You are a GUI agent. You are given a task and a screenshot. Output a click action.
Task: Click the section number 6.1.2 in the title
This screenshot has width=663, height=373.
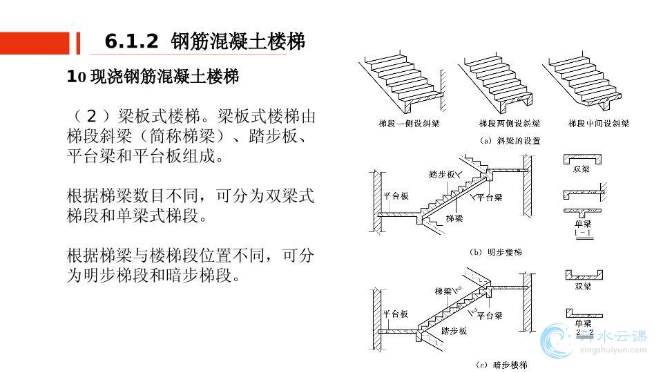tap(131, 42)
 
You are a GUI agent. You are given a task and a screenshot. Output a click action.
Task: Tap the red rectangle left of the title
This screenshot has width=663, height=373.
tap(35, 43)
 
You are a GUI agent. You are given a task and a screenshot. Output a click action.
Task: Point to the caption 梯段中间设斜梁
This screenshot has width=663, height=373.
tap(599, 124)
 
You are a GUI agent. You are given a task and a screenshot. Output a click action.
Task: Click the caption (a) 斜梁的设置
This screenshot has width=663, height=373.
tap(510, 140)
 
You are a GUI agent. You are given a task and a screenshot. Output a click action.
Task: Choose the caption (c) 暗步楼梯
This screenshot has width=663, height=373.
tap(501, 365)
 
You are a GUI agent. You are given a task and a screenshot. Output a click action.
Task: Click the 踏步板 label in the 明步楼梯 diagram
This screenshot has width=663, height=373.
tap(442, 174)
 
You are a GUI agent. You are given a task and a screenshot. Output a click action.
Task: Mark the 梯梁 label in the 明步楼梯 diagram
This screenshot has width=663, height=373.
tap(454, 218)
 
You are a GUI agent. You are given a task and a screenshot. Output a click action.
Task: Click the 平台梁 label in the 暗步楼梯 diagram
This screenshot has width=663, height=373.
tap(489, 315)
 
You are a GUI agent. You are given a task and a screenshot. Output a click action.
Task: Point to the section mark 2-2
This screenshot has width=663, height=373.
tap(584, 332)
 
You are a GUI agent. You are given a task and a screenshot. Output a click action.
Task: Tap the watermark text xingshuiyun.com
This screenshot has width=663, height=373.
tap(612, 350)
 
